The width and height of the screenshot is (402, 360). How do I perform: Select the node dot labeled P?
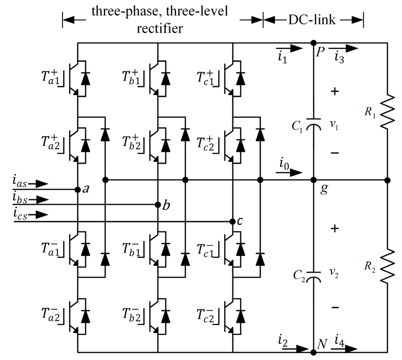pyautogui.click(x=313, y=42)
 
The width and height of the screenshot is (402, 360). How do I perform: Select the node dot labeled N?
pyautogui.click(x=313, y=351)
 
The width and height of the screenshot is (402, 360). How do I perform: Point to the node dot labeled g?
pyautogui.click(x=313, y=180)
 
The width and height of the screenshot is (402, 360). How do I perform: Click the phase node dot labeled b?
pyautogui.click(x=157, y=204)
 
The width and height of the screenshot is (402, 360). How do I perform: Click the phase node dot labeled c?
pyautogui.click(x=232, y=222)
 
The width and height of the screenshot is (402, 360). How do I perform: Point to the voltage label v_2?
pyautogui.click(x=334, y=275)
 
